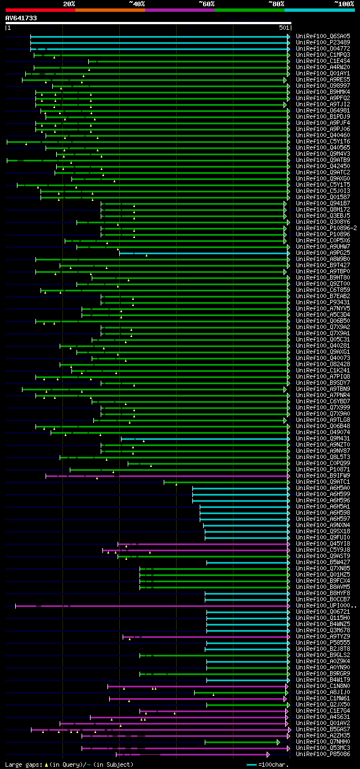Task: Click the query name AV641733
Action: pyautogui.click(x=21, y=18)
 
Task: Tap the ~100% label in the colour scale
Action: pyautogui.click(x=343, y=4)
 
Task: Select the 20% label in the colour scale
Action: pyautogui.click(x=69, y=4)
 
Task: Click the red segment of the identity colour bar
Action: pyautogui.click(x=40, y=10)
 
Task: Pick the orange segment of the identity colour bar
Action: pyautogui.click(x=110, y=10)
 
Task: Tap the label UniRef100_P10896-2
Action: pyautogui.click(x=326, y=228)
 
